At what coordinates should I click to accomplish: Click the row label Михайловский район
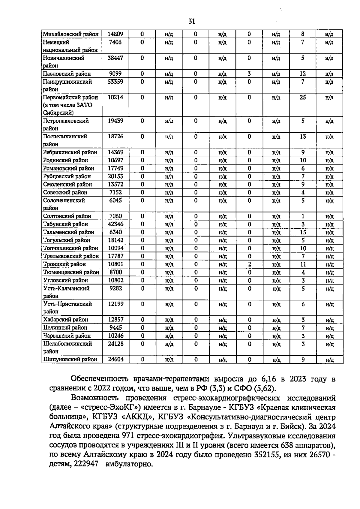71,34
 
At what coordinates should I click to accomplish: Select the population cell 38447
115,58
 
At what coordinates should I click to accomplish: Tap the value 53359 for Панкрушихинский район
115,82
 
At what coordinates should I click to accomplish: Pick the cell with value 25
303,97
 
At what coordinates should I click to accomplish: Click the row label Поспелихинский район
65,140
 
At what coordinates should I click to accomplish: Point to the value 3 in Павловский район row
249,74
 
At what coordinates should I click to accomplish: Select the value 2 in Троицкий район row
249,264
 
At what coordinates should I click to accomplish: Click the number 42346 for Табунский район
115,224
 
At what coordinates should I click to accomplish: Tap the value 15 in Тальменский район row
303,232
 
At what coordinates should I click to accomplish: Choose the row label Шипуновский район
70,359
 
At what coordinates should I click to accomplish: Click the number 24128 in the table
115,344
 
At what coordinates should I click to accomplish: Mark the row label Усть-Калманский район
66,292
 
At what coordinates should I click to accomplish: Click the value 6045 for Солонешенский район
115,200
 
